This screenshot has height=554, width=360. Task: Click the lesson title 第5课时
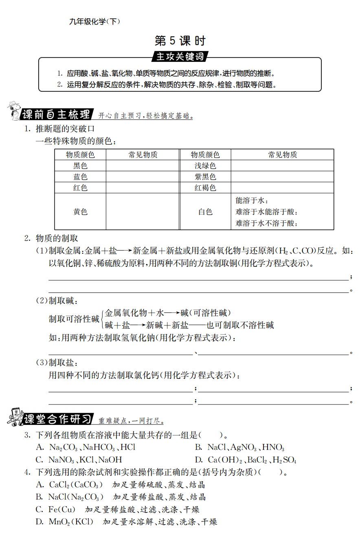[x=180, y=41]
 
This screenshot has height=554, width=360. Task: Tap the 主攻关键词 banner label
[x=180, y=57]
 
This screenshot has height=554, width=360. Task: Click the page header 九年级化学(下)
[x=95, y=22]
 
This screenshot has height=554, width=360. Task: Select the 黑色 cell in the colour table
[x=80, y=166]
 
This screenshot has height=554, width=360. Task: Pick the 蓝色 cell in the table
[x=80, y=177]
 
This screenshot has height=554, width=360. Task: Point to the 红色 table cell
[x=80, y=188]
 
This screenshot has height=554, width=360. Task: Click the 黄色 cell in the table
[x=80, y=212]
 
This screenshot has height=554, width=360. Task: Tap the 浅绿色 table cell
[x=205, y=166]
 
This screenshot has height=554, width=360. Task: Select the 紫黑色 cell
[x=205, y=177]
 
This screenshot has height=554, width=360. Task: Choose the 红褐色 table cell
[x=205, y=188]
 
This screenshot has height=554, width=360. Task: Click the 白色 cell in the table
[x=205, y=212]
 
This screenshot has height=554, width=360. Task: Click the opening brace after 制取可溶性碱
[x=102, y=319]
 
